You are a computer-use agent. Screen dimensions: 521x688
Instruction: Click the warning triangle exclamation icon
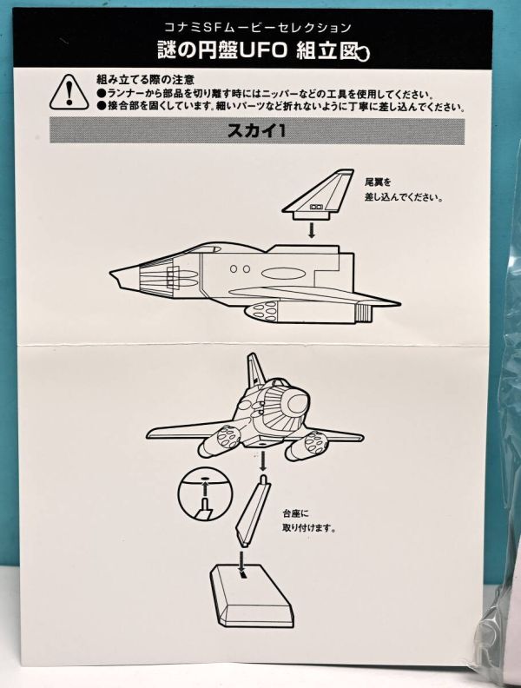tap(69, 93)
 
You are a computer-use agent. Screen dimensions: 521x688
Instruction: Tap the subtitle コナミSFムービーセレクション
tap(258, 28)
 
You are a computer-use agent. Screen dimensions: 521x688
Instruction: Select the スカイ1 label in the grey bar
tap(256, 131)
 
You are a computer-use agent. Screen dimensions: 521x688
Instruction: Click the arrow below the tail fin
tap(312, 230)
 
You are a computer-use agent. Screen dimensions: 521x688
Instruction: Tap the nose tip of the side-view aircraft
tap(110, 274)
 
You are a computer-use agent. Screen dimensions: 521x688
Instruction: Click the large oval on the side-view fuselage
tap(283, 274)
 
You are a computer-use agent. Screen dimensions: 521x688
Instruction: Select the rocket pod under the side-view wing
tap(262, 311)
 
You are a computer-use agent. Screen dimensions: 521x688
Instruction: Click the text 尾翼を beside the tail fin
tap(378, 182)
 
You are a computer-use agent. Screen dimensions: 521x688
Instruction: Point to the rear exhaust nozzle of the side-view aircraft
tap(364, 313)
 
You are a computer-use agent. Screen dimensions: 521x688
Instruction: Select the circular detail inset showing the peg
tap(205, 496)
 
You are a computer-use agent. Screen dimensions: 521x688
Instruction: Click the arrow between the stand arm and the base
tap(241, 559)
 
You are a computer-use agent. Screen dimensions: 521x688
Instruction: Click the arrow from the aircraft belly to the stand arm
tap(263, 459)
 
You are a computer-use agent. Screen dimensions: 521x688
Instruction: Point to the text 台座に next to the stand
tap(295, 513)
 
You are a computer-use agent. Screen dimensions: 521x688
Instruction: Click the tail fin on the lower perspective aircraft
tap(255, 372)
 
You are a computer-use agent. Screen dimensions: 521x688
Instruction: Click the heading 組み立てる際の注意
tap(145, 79)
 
